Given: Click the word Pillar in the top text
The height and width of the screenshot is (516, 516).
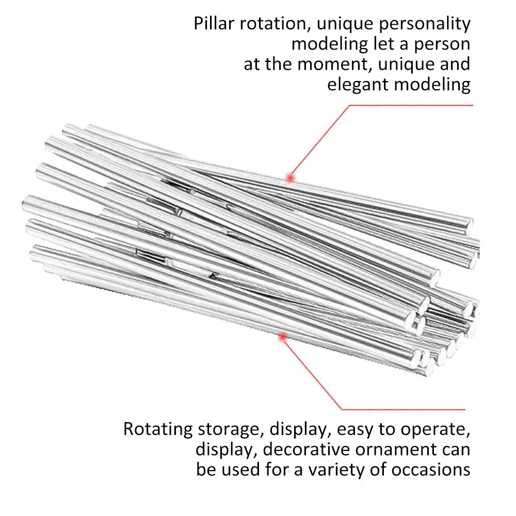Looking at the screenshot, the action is (214, 23).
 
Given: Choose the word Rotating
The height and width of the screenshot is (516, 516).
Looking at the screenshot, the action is (157, 430).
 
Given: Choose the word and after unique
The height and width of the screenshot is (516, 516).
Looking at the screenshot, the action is (455, 64).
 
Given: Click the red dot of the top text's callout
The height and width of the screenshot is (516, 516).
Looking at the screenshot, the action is (290, 178).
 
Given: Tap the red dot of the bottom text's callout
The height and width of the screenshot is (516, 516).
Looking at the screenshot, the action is (282, 336).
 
